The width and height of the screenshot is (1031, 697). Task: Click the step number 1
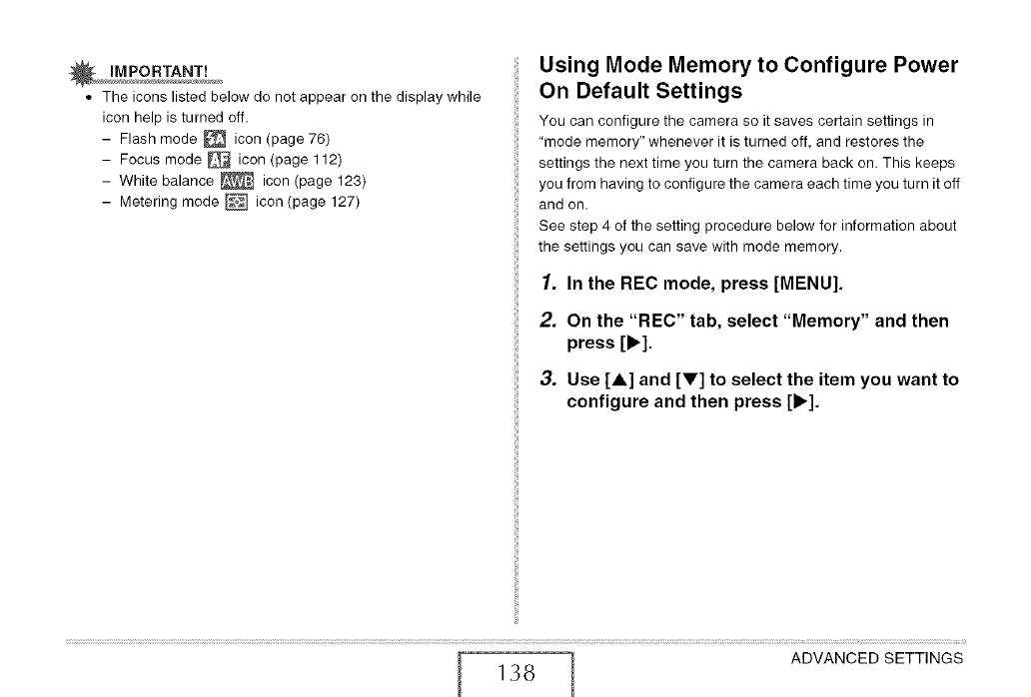tap(545, 282)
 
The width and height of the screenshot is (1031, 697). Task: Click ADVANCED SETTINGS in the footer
tap(876, 658)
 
